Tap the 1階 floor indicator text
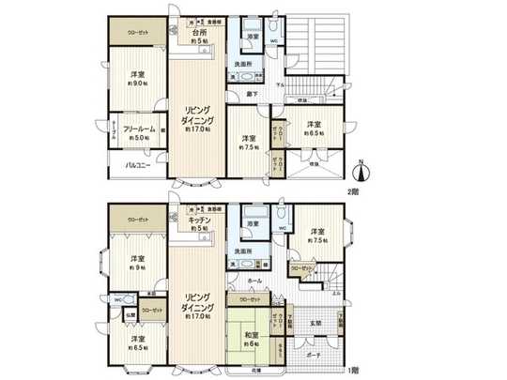pos(352,371)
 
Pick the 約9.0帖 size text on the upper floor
pos(137,84)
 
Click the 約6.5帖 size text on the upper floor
pos(314,133)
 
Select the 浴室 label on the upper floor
pos(253,35)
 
